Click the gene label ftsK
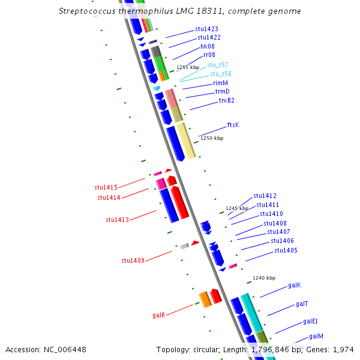[233, 125]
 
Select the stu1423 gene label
[206, 29]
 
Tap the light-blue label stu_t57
[217, 64]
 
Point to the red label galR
[158, 315]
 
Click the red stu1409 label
[133, 260]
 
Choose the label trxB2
[226, 100]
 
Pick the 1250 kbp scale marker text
[211, 138]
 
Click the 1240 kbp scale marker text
[263, 278]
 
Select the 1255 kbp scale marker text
[187, 67]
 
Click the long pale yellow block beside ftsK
[185, 140]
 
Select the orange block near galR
[205, 299]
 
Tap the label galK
[294, 285]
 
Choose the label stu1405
[286, 250]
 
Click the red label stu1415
[106, 188]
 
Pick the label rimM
[220, 83]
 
